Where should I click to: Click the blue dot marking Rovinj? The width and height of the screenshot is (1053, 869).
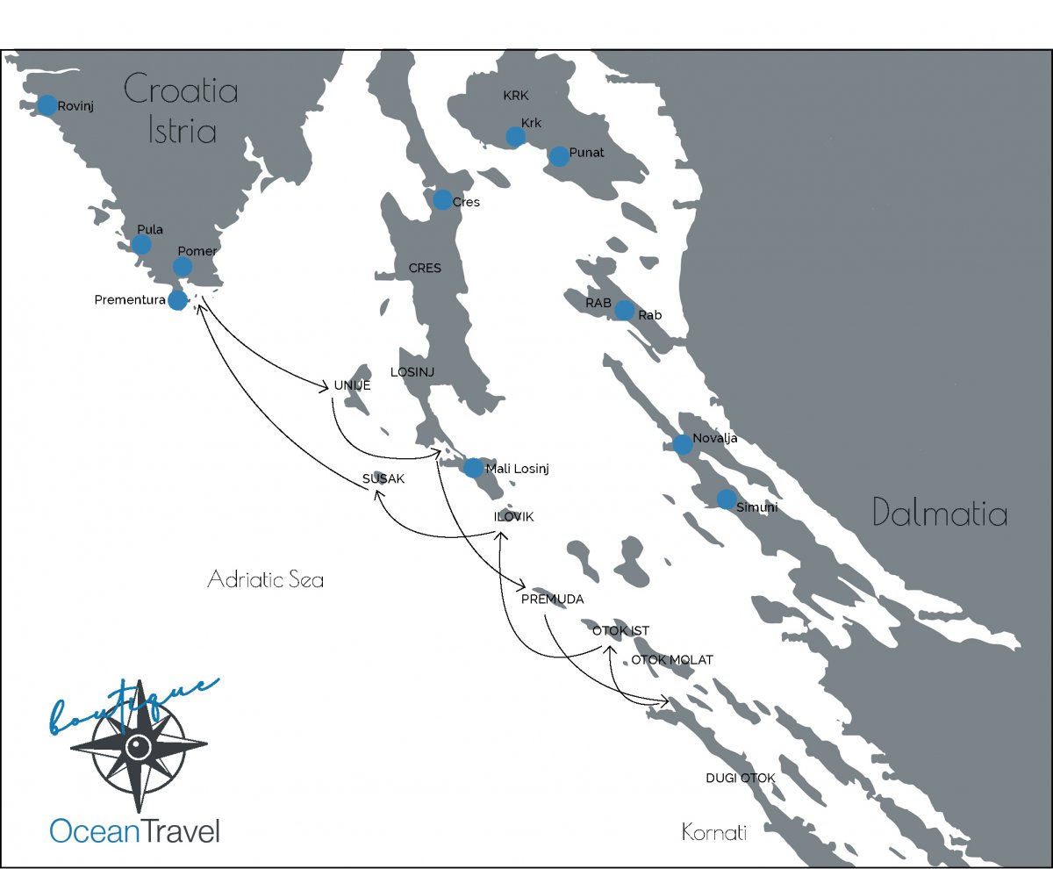coord(47,105)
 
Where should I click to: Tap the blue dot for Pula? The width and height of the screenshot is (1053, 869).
coord(141,244)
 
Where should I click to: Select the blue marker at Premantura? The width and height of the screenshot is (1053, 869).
coord(177,300)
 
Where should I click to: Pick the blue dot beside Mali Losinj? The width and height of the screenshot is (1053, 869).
coord(473,468)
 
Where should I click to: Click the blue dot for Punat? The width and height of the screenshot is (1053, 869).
coord(558,156)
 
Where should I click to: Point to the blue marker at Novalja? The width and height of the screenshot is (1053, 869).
coord(683,445)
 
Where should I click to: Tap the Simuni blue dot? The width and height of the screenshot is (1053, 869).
coord(727,499)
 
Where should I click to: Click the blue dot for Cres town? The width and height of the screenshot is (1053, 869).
coord(442,200)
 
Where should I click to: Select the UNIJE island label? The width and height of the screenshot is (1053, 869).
coord(353,385)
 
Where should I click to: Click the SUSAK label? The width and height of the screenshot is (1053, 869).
coord(383,478)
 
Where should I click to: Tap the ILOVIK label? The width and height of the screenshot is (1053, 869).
coord(513,517)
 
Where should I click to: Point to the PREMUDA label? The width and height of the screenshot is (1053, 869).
coord(552,600)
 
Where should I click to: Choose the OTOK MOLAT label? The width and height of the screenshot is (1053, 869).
coord(672,660)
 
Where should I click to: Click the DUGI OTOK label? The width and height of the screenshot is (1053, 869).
coord(741,779)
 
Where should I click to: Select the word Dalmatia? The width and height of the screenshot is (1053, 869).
coord(940,513)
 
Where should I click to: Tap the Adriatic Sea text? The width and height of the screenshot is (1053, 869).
coord(265,579)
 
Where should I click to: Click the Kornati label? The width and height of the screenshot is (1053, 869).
coord(713,831)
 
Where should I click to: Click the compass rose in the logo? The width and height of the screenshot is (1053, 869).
coord(139,748)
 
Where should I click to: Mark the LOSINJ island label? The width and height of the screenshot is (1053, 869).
coord(412,372)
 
